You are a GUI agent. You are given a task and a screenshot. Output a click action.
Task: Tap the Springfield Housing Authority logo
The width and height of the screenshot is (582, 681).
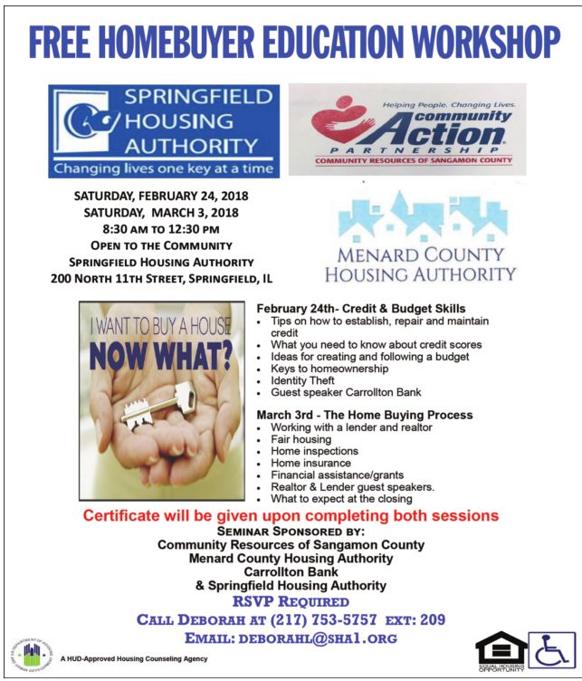pyautogui.click(x=165, y=130)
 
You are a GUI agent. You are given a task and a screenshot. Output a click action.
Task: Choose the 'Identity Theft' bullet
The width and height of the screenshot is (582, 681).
pyautogui.click(x=308, y=381)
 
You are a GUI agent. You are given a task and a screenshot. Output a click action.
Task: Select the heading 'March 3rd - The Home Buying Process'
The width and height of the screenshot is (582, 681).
pyautogui.click(x=364, y=415)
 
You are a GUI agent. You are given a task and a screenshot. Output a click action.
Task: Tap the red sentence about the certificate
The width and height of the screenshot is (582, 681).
pyautogui.click(x=291, y=515)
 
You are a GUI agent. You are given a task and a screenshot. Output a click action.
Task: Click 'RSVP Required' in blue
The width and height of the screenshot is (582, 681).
pyautogui.click(x=291, y=600)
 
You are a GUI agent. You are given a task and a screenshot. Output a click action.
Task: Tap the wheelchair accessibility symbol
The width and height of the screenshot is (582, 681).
pyautogui.click(x=551, y=649)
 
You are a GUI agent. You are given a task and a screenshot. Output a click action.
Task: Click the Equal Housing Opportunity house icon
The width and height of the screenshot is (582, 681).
pyautogui.click(x=500, y=649)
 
